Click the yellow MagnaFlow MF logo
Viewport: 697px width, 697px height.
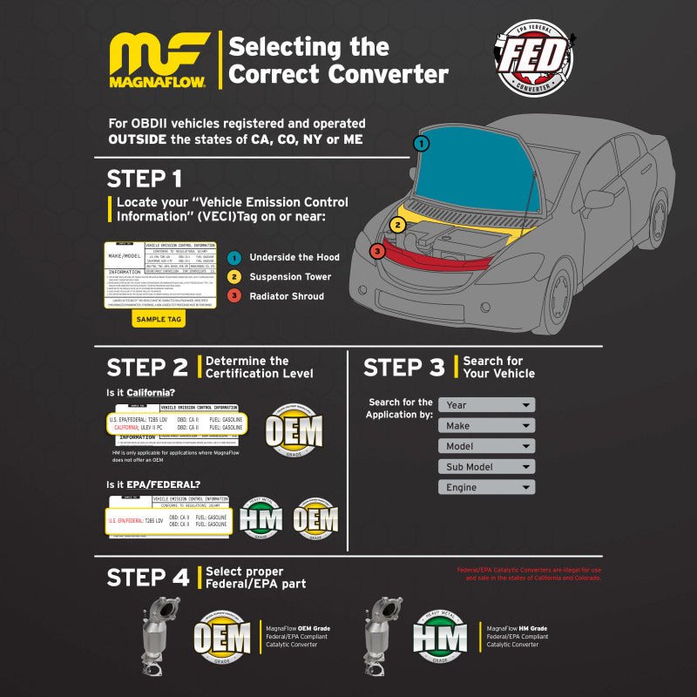[x=158, y=58]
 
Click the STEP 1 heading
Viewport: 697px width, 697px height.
[x=145, y=179]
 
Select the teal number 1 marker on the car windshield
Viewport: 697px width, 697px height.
[x=422, y=144]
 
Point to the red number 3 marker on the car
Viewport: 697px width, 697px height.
[x=376, y=252]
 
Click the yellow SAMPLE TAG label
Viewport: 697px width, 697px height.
[x=159, y=319]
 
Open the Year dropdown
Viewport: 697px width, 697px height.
[x=486, y=405]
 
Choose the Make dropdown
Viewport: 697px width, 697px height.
[x=486, y=425]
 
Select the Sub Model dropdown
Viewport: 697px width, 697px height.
[x=486, y=467]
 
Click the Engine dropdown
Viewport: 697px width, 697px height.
[x=486, y=488]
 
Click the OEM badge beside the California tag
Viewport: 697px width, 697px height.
[x=294, y=430]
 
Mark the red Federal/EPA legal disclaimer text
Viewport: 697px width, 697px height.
[x=529, y=574]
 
